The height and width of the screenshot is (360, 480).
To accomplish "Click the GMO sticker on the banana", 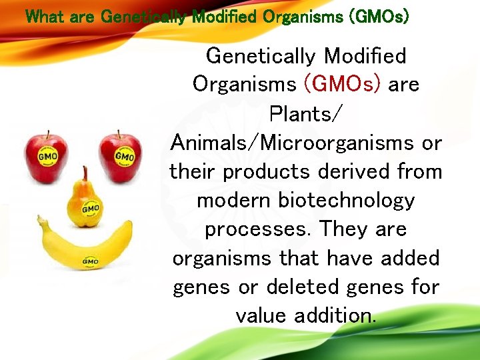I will click(90, 261).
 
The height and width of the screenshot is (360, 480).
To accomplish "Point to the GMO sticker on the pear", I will click(90, 209).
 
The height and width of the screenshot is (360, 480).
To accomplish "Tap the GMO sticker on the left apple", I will click(49, 157).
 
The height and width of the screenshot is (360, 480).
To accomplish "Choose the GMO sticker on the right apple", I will click(124, 156).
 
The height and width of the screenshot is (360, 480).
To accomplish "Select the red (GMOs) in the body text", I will click(342, 84).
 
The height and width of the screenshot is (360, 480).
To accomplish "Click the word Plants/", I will click(305, 113).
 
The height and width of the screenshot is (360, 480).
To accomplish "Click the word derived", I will click(351, 171).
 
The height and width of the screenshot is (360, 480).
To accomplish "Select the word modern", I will click(231, 200).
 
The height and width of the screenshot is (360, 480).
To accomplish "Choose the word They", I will click(344, 229).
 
